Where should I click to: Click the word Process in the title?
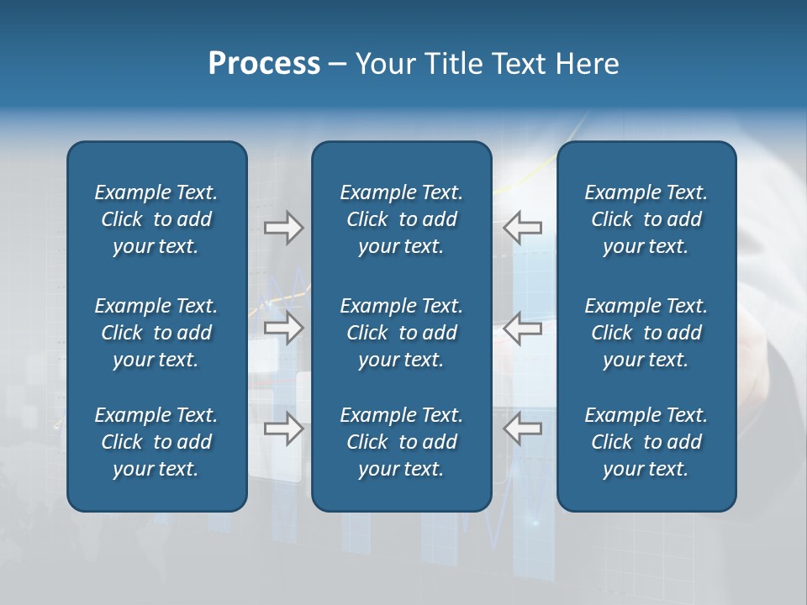(x=264, y=64)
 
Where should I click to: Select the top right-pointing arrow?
(x=283, y=227)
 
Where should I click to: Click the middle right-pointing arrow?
(x=283, y=328)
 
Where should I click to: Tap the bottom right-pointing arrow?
(x=283, y=429)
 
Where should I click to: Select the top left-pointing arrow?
(x=523, y=227)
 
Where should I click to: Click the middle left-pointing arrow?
(x=523, y=328)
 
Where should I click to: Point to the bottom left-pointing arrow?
(x=523, y=429)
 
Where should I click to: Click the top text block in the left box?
(x=156, y=219)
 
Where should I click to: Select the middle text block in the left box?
(x=156, y=333)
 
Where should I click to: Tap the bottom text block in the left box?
(x=156, y=442)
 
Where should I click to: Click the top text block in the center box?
(x=402, y=219)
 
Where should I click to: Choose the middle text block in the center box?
(x=402, y=333)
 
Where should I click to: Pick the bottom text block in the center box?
(x=402, y=442)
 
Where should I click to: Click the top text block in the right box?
(x=646, y=219)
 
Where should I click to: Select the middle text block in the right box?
(x=646, y=333)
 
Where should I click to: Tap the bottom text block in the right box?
(x=646, y=442)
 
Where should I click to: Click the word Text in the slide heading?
(x=520, y=64)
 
